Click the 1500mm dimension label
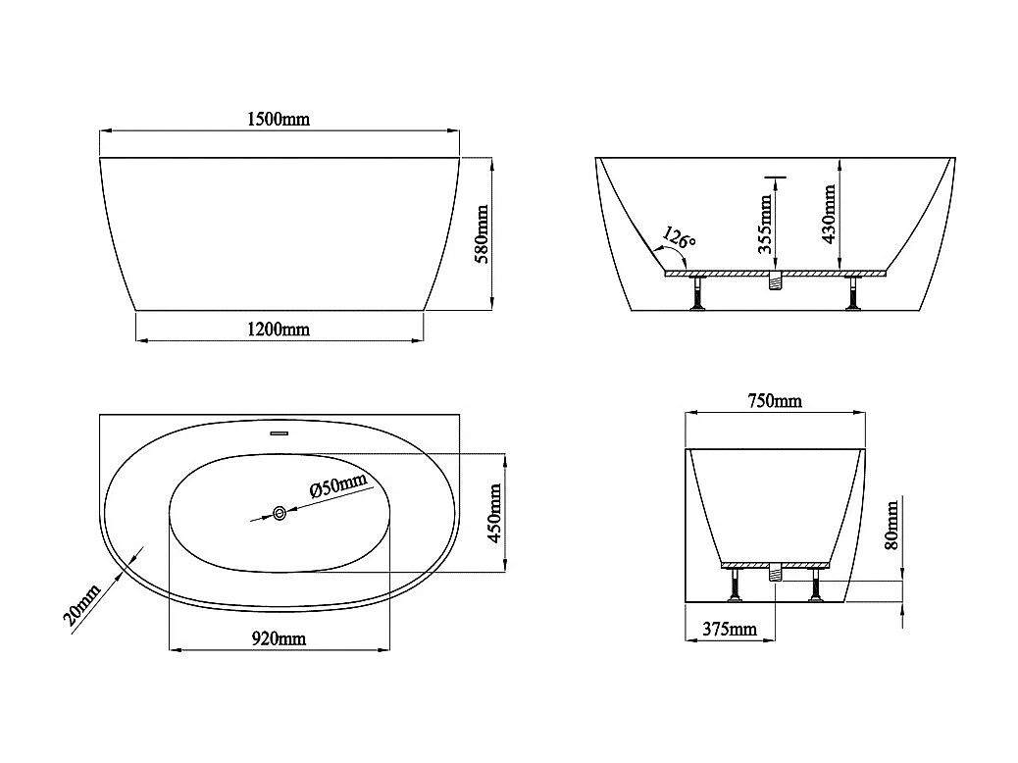tap(280, 119)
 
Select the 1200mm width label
tap(280, 329)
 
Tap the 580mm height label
tap(481, 233)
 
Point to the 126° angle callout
tap(679, 238)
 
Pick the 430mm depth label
tap(830, 214)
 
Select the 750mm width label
tap(774, 401)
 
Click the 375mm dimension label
tap(729, 629)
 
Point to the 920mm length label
tap(280, 638)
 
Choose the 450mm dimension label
tap(494, 513)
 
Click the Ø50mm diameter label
tap(337, 486)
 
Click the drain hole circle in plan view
tap(280, 512)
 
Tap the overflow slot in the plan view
tap(280, 431)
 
